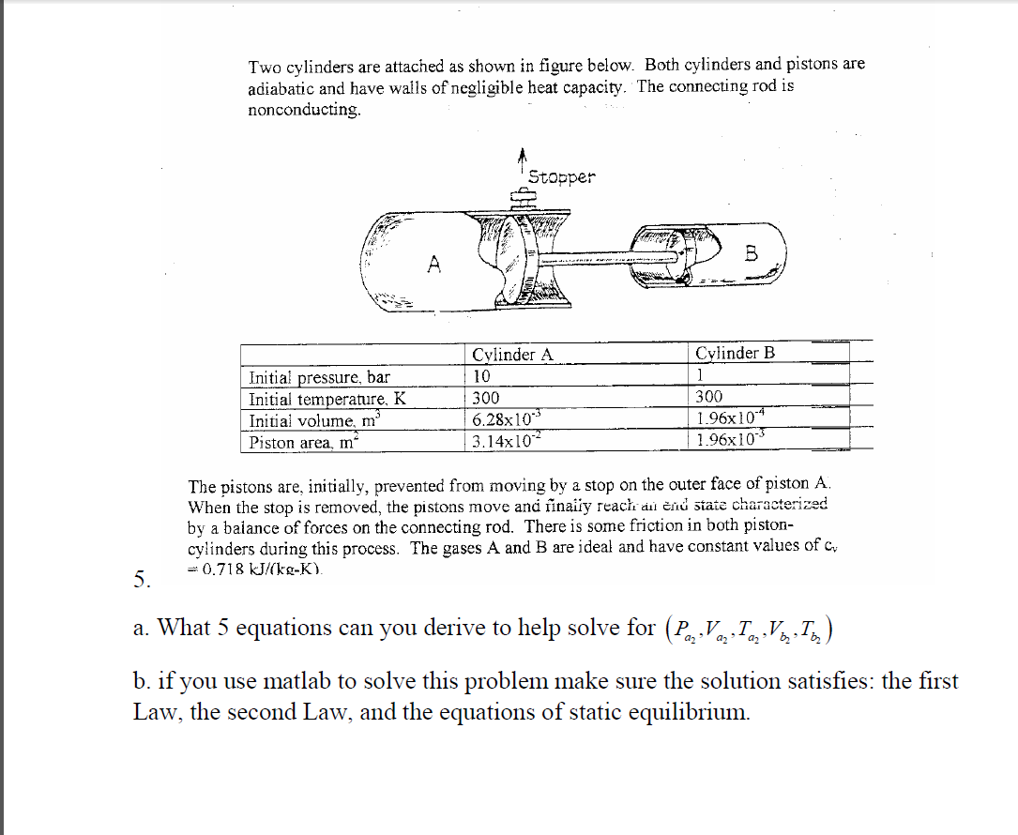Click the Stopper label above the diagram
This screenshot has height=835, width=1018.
[561, 177]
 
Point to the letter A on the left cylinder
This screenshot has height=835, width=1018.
[433, 266]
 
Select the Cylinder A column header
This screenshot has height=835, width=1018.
[512, 355]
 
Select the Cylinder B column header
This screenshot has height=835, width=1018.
[736, 353]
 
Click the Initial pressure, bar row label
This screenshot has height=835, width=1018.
[318, 377]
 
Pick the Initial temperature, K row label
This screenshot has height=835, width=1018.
[327, 399]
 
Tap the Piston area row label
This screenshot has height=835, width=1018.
[299, 442]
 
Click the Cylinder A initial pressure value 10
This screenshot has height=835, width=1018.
[481, 376]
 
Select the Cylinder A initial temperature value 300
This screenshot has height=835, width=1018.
[486, 398]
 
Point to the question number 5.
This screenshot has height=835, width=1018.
[141, 581]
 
